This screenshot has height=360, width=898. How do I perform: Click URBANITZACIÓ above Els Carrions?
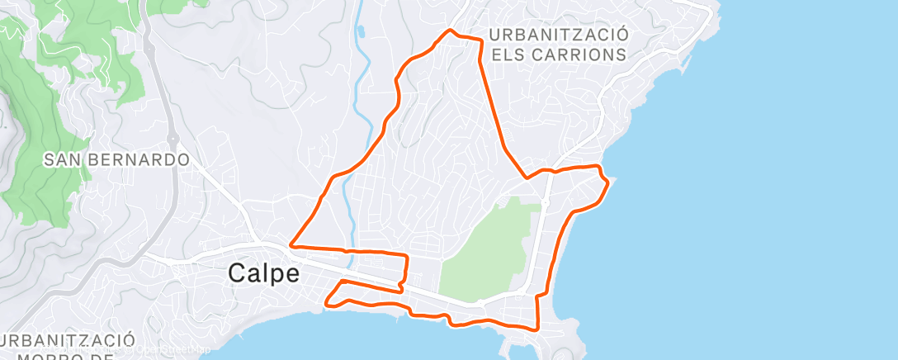tap(558, 35)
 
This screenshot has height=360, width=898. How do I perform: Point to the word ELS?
tap(509, 55)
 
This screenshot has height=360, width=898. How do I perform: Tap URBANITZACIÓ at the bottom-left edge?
tap(68, 340)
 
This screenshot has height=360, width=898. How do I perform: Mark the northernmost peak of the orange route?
tap(450, 31)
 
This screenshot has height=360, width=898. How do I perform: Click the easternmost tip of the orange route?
tap(609, 182)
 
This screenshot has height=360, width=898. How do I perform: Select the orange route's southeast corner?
tap(537, 329)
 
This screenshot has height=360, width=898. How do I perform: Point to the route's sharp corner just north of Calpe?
tap(291, 245)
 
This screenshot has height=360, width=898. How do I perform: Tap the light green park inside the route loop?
tap(483, 252)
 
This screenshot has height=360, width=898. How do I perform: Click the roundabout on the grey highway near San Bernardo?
tap(172, 138)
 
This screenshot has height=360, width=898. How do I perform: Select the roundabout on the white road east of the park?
tap(546, 202)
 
